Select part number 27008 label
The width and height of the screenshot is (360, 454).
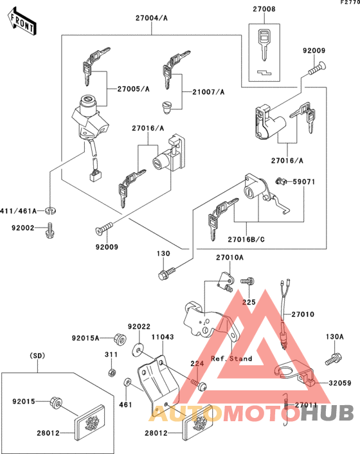click(264, 10)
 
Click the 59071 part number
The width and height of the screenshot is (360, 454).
click(306, 183)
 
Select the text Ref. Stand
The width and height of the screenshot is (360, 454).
click(231, 358)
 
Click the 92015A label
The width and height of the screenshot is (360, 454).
click(85, 337)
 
